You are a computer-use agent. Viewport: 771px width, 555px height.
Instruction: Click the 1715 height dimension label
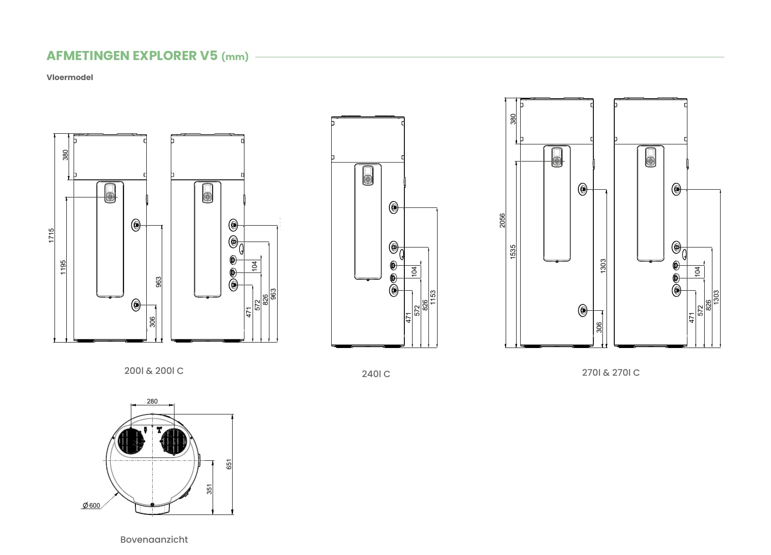51,236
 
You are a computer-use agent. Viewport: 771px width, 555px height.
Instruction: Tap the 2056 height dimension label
502,220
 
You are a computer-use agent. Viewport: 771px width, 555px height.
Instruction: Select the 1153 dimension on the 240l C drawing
433,297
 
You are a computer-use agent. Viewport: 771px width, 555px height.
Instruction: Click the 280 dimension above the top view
152,401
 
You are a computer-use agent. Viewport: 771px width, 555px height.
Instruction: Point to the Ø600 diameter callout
91,505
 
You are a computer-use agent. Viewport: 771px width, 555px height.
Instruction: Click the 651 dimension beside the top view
229,464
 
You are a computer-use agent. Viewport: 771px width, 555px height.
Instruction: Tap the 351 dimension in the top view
209,489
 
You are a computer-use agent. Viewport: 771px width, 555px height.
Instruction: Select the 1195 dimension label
63,267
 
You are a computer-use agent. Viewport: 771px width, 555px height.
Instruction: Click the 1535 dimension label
513,252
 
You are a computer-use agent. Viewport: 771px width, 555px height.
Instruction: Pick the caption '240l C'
376,374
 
